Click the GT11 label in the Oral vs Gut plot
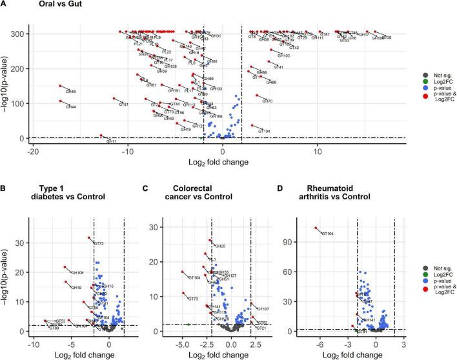[x=112, y=141]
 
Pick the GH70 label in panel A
[x=268, y=101]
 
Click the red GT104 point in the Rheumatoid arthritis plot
[x=316, y=228]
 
